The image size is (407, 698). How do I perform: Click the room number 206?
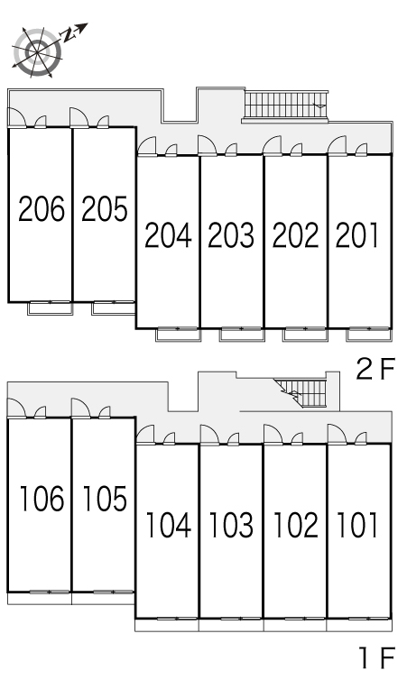pyautogui.click(x=42, y=208)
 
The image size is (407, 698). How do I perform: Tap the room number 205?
pyautogui.click(x=105, y=208)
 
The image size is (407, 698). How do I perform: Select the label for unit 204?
pyautogui.click(x=169, y=235)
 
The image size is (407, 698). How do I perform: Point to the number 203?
pyautogui.click(x=232, y=235)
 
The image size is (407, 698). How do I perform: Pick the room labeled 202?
pyautogui.click(x=296, y=235)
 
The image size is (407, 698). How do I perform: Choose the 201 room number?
pyautogui.click(x=356, y=235)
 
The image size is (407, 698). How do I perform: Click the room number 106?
pyautogui.click(x=42, y=498)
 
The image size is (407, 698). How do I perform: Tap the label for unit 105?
pyautogui.click(x=105, y=498)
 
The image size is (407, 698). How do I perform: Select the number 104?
pyautogui.click(x=169, y=525)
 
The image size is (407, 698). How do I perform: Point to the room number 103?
pyautogui.click(x=232, y=525)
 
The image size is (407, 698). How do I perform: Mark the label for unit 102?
pyautogui.click(x=296, y=525)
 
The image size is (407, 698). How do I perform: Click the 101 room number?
pyautogui.click(x=357, y=525)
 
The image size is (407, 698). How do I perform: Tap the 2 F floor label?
pyautogui.click(x=375, y=369)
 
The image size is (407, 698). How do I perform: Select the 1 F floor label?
pyautogui.click(x=377, y=658)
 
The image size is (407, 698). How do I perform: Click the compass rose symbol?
pyautogui.click(x=36, y=52)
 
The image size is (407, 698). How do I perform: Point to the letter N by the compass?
pyautogui.click(x=68, y=35)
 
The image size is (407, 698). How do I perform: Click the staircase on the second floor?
pyautogui.click(x=285, y=106)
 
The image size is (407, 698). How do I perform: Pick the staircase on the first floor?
pyautogui.click(x=301, y=392)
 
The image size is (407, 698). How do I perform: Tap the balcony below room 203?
pyautogui.click(x=242, y=335)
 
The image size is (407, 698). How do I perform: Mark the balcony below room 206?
pyautogui.click(x=51, y=308)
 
